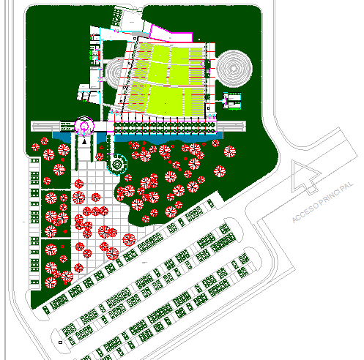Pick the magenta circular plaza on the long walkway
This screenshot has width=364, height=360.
click(83, 127)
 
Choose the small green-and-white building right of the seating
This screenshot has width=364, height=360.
click(231, 102)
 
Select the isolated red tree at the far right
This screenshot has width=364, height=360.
click(230, 153)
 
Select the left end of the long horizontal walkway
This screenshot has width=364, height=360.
click(37, 127)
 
